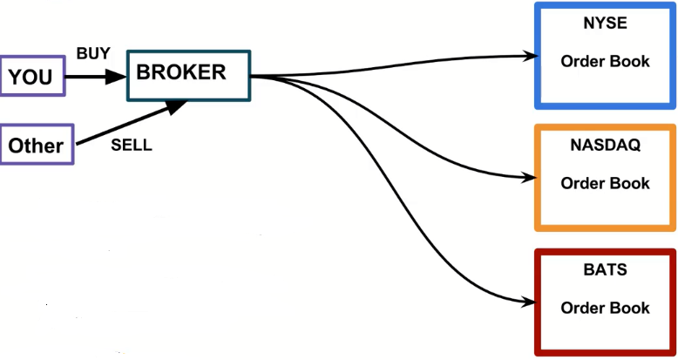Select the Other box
[x=37, y=145]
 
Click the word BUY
[x=93, y=54]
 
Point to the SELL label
[x=132, y=146]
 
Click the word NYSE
[x=605, y=24]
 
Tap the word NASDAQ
[x=605, y=146]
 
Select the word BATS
[x=605, y=270]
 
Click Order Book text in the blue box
[x=605, y=62]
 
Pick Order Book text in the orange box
[x=605, y=183]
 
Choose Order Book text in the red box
[x=605, y=308]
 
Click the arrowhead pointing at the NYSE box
[x=527, y=56]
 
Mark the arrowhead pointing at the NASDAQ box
[x=527, y=179]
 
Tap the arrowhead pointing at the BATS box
[x=527, y=302]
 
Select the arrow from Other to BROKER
[x=131, y=121]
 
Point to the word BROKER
[x=181, y=72]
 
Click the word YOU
[x=31, y=78]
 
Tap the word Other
[x=36, y=146]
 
